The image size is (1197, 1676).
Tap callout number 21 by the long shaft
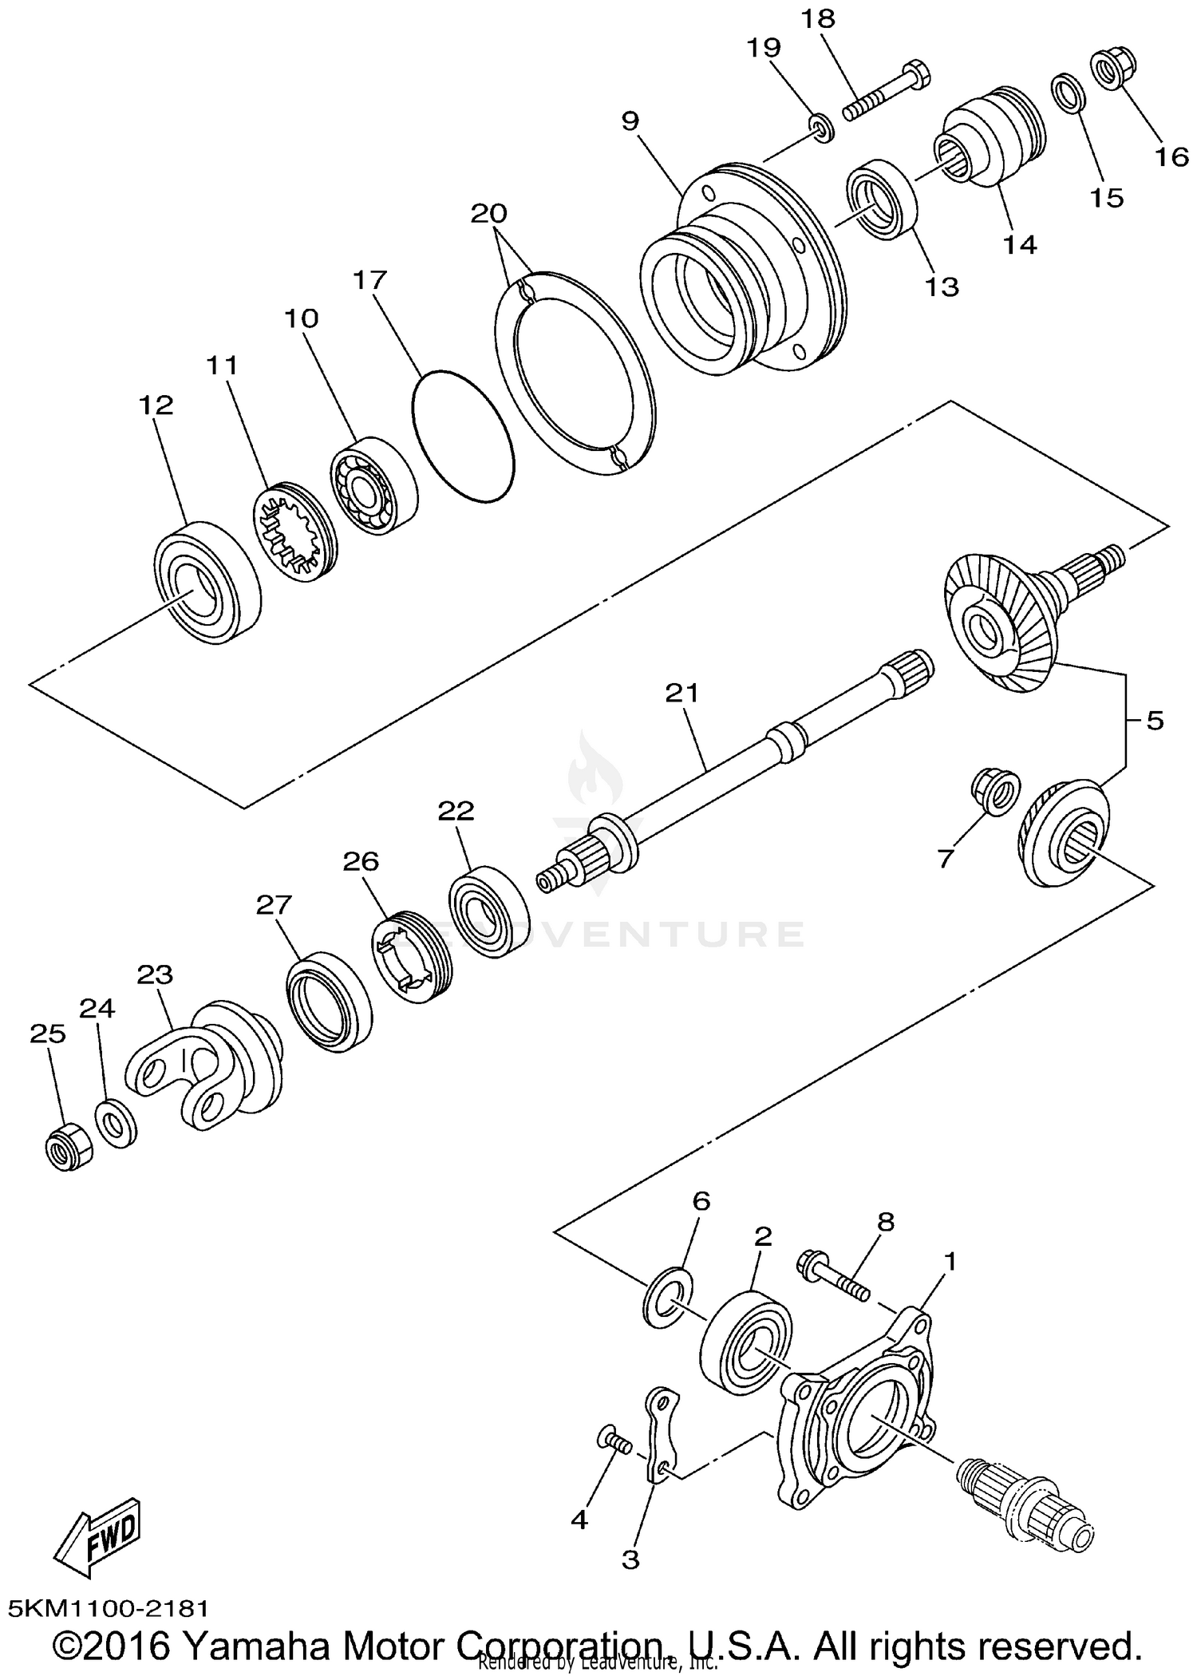pos(681,693)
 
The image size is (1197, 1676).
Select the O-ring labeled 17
pos(463,437)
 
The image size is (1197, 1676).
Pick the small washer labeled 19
pos(820,128)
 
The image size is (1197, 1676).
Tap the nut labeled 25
pos(67,1148)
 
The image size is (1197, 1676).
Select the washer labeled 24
pos(117,1123)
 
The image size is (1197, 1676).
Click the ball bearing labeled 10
pos(372,483)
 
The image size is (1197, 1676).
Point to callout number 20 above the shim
pos(488,213)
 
